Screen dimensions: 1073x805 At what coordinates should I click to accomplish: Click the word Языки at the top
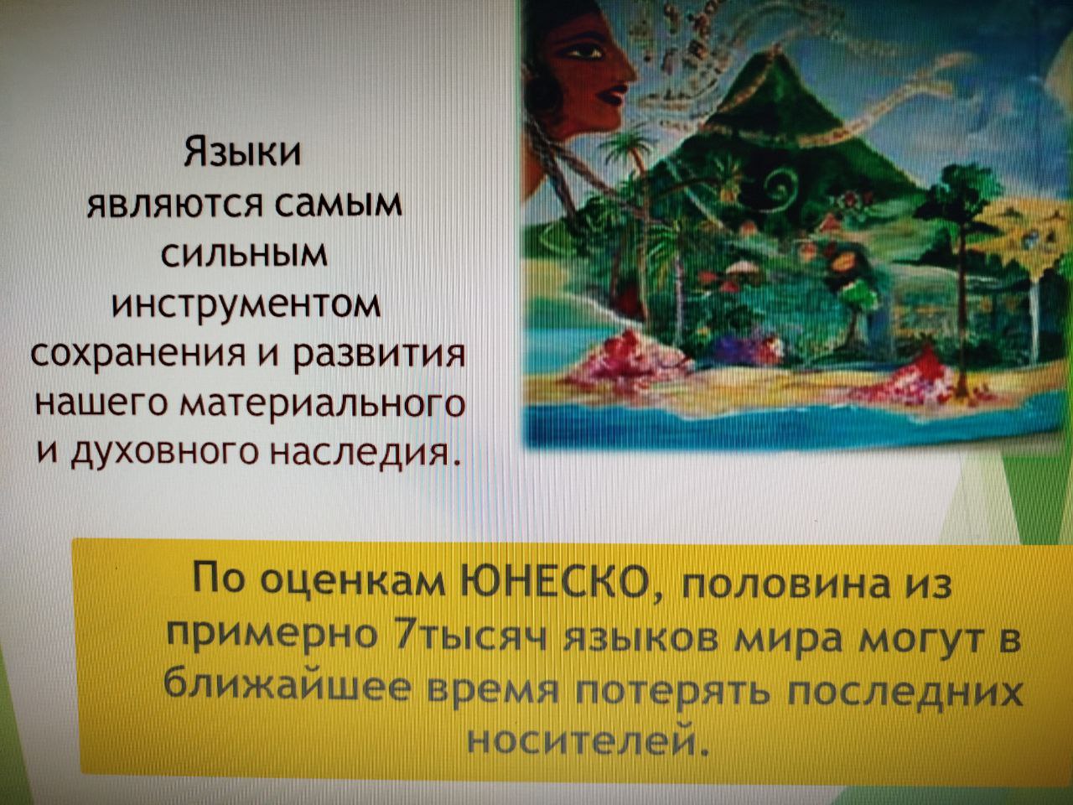[x=242, y=153]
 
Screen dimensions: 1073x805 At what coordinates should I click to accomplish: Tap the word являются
[x=174, y=205]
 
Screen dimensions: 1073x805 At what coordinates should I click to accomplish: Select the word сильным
[x=244, y=254]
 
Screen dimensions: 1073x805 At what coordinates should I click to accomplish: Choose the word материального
[x=322, y=405]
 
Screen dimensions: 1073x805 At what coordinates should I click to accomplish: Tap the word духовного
[x=165, y=453]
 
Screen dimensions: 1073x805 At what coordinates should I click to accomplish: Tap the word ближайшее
[x=286, y=683]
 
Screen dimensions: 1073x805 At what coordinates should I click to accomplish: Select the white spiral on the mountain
[x=783, y=185]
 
